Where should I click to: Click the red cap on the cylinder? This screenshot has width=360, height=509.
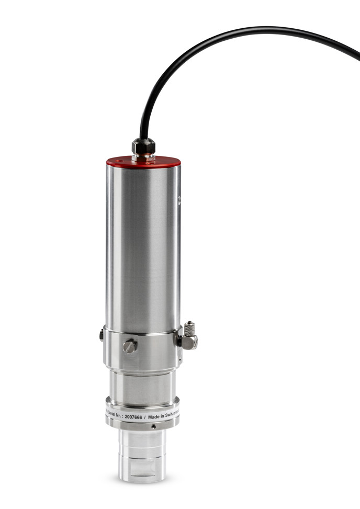[143, 162]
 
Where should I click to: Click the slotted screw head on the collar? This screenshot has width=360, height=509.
[130, 346]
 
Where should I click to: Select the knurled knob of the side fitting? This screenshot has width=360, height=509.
[189, 329]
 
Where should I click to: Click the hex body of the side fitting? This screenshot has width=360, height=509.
[188, 342]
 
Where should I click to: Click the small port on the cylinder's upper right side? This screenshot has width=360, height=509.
[178, 199]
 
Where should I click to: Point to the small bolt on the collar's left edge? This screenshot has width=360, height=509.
[102, 335]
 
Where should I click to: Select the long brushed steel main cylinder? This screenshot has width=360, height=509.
[142, 246]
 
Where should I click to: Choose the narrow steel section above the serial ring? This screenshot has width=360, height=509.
[142, 387]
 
